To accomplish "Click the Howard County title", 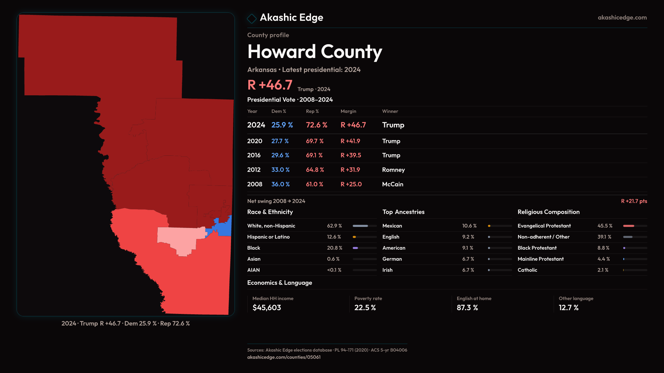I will (x=315, y=52).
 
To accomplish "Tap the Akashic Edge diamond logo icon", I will (x=252, y=18).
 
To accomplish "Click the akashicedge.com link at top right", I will (x=622, y=18).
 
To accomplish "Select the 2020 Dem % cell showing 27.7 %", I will (x=280, y=141).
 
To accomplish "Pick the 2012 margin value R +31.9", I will (x=350, y=170).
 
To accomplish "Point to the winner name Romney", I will (x=393, y=170).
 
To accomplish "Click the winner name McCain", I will (x=393, y=184).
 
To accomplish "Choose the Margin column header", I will (x=348, y=111).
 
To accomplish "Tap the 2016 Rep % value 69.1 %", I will (x=314, y=155).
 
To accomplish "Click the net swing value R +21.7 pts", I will (x=634, y=201).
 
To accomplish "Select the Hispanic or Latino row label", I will (x=268, y=237).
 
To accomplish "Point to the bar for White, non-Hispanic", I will (x=365, y=226).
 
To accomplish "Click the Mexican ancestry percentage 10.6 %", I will (x=469, y=226).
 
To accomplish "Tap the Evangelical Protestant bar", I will (x=635, y=226).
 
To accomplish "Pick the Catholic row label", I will (x=527, y=270).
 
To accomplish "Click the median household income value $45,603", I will (x=267, y=308).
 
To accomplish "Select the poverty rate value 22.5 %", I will (x=365, y=308).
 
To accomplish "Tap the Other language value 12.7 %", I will (x=569, y=308).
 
